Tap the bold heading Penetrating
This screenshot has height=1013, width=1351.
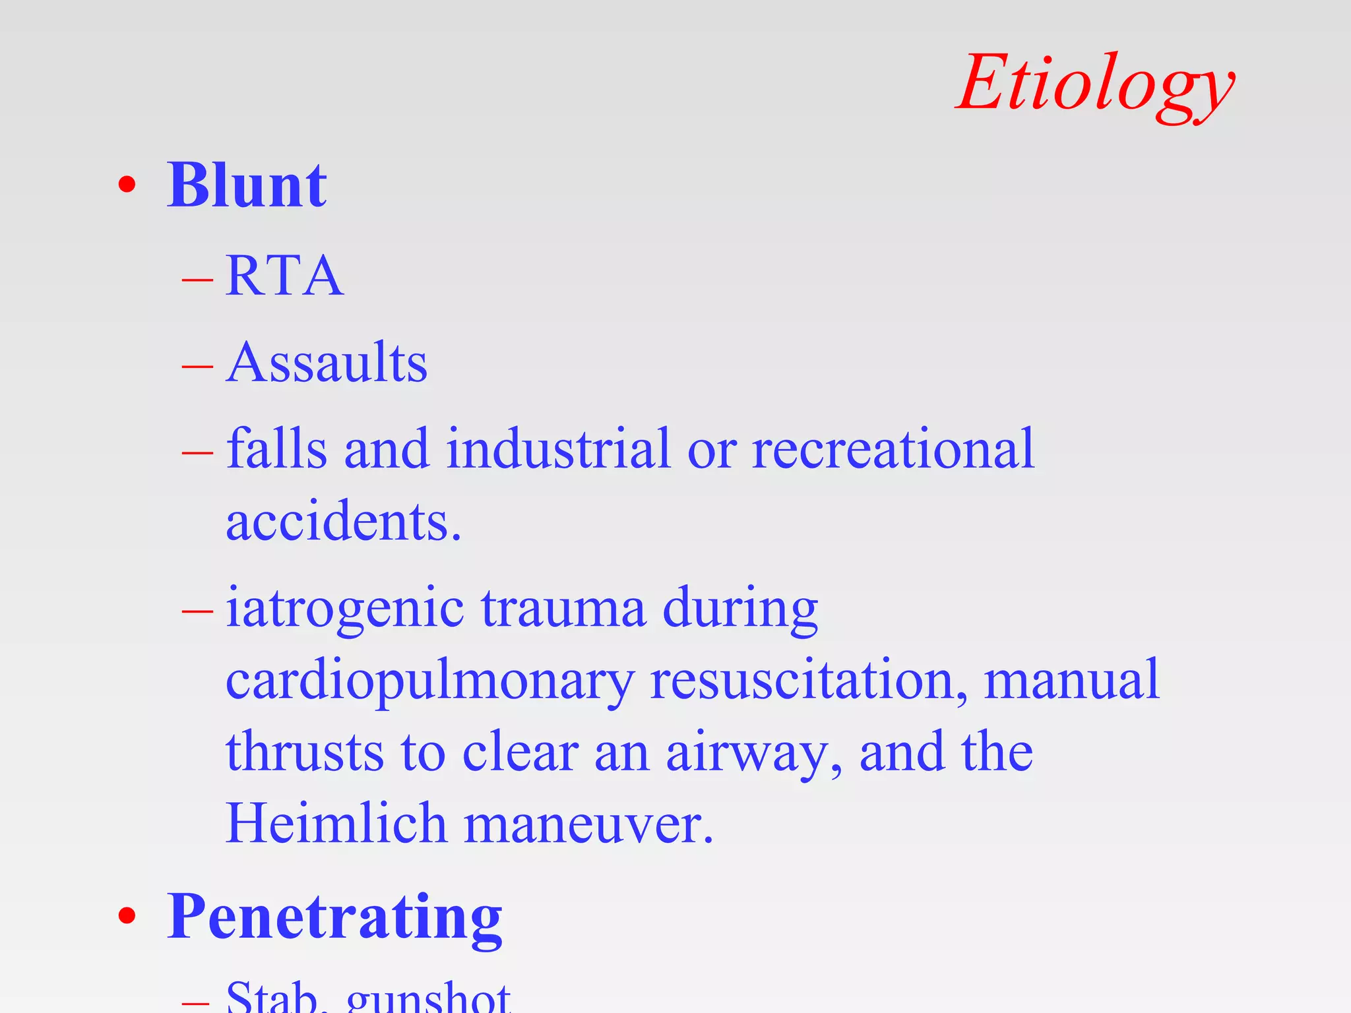point(334,918)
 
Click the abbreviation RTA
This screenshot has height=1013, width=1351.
point(284,276)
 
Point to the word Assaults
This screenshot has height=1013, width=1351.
point(327,362)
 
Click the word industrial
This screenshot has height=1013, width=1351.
point(558,448)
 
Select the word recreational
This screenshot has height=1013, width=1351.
point(893,448)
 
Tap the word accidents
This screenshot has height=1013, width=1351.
point(343,521)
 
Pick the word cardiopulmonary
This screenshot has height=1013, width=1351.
point(430,680)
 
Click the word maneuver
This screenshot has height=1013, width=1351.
point(588,825)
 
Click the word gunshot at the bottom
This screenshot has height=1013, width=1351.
point(428,997)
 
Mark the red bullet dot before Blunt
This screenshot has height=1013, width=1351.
point(127,185)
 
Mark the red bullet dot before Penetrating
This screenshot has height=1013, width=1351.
point(127,916)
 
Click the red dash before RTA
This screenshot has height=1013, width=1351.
point(197,280)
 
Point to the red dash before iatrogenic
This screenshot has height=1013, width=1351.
point(197,611)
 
